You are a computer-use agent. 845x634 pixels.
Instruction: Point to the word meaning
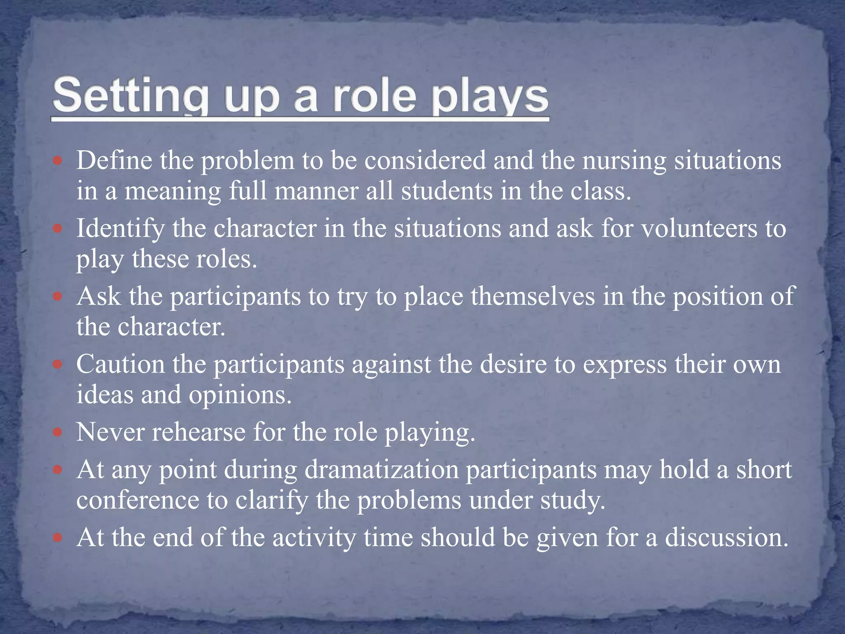pyautogui.click(x=173, y=192)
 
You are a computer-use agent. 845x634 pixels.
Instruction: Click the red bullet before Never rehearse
pyautogui.click(x=58, y=433)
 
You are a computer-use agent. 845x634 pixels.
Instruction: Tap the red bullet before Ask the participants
pyautogui.click(x=58, y=296)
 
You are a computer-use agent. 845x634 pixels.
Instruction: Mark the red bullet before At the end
pyautogui.click(x=58, y=538)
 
